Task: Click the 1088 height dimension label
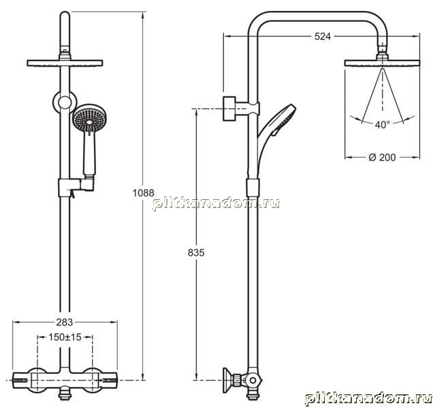coord(144,192)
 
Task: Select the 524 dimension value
coord(323,37)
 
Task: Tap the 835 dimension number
coord(196,252)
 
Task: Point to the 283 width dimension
coord(65,322)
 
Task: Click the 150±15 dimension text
coord(65,337)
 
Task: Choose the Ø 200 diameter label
coord(382,157)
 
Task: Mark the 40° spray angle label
coord(383,124)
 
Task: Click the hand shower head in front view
coord(90,118)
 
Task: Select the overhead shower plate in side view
coord(382,63)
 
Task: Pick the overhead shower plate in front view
coord(65,63)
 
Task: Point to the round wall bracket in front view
coord(65,103)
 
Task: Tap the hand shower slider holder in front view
coord(76,187)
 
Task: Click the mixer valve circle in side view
coord(253,381)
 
